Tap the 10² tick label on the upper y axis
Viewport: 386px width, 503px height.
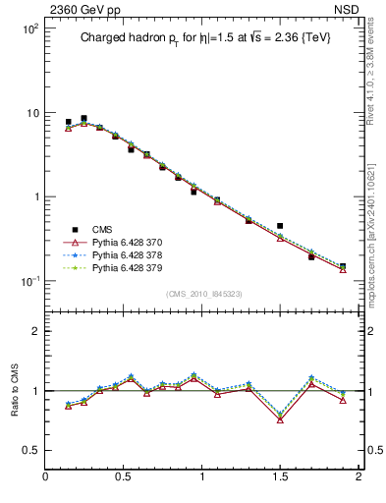[x=29, y=29]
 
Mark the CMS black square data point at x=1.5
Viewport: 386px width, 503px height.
[x=280, y=226]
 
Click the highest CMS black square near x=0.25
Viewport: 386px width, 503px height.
[x=83, y=119]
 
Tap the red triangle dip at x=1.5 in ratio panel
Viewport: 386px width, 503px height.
[x=280, y=419]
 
